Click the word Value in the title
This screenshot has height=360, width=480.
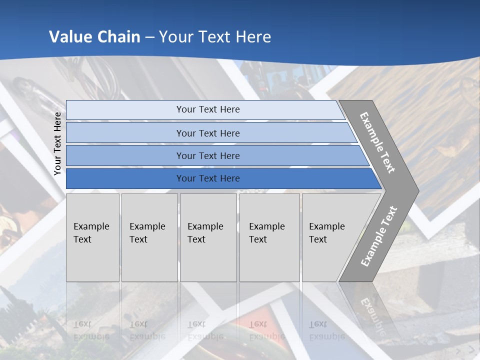(x=70, y=37)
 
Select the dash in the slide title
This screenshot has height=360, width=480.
(x=149, y=37)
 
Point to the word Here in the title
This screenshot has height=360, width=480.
(x=253, y=37)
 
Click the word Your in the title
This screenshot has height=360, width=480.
(x=174, y=37)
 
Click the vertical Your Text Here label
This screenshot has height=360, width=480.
(x=57, y=143)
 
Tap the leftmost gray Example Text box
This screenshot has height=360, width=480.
(x=92, y=237)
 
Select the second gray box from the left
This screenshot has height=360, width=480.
(x=149, y=237)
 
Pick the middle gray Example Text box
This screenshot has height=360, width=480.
(x=208, y=237)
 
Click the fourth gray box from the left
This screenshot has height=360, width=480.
(x=269, y=237)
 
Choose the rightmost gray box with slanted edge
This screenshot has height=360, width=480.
(x=330, y=237)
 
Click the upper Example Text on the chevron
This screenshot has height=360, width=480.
(x=377, y=142)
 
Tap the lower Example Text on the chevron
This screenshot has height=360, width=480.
(x=379, y=236)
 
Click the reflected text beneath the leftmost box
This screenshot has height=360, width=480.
(x=91, y=330)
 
